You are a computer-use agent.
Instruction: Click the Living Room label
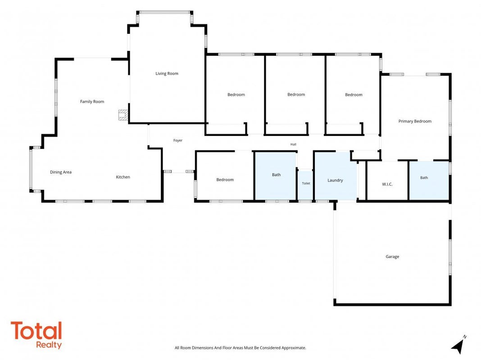point(167,73)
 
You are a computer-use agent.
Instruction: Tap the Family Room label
point(92,101)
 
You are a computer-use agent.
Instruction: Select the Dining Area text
point(61,172)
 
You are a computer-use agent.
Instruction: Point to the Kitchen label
point(123,177)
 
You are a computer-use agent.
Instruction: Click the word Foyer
point(178,140)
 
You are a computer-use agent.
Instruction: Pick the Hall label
point(293,144)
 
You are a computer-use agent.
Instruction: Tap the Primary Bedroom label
point(415,121)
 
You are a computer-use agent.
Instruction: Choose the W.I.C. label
point(387,184)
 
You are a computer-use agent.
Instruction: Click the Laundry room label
point(335,180)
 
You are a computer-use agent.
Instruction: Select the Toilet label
point(306,184)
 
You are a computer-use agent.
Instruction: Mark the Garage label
point(392,257)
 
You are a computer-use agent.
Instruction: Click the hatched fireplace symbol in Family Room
point(123,115)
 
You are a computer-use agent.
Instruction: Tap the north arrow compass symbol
point(458,346)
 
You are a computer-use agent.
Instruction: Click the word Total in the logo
point(36,331)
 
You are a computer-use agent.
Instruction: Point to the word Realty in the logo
point(49,345)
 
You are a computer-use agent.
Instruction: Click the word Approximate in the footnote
point(294,348)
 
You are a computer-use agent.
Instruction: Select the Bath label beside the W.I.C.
point(424,178)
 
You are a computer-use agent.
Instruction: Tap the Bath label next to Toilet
point(276,175)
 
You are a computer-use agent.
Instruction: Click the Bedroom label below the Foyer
point(225,180)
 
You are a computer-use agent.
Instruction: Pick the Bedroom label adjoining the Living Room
point(236,94)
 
